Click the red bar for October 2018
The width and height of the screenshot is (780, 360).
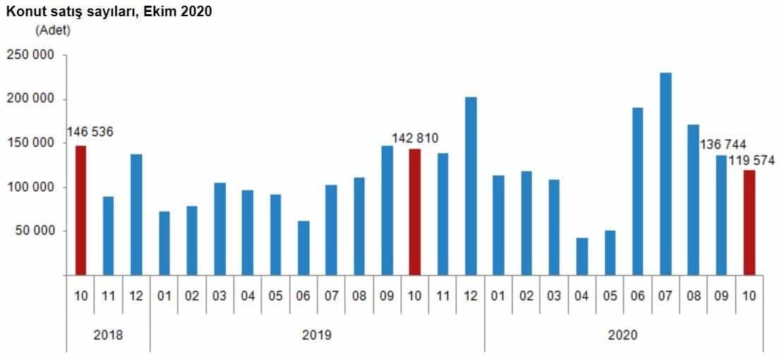click(x=80, y=210)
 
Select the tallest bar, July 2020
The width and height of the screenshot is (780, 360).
click(x=666, y=174)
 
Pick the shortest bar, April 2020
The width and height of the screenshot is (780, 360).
click(x=582, y=256)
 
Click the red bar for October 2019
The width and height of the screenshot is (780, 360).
click(x=415, y=212)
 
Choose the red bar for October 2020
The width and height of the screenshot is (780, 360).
click(x=749, y=222)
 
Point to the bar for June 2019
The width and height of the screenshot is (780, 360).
click(x=304, y=248)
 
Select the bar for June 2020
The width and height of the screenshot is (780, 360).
click(x=638, y=191)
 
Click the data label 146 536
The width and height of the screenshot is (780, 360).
click(x=90, y=132)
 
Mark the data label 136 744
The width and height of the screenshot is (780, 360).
click(x=723, y=144)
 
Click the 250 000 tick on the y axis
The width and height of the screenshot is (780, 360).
click(x=30, y=55)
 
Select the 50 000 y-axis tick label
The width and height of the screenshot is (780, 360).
click(x=33, y=231)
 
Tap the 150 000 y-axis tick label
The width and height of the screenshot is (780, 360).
click(x=30, y=143)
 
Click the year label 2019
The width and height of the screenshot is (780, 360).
click(x=317, y=335)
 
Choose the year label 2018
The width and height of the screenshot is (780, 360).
click(x=108, y=335)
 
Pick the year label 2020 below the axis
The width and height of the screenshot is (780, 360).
click(x=623, y=335)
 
